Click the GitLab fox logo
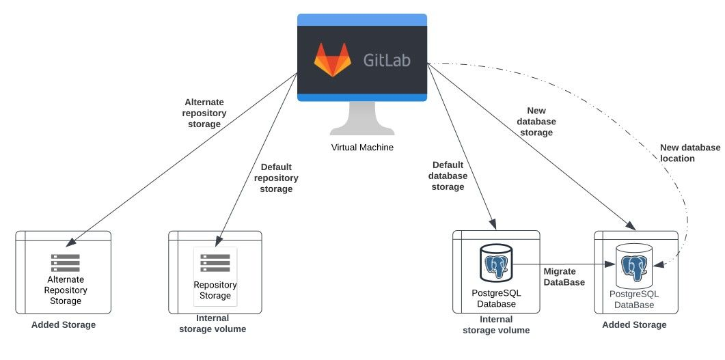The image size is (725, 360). pyautogui.click(x=333, y=59)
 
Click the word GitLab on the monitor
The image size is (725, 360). pyautogui.click(x=387, y=60)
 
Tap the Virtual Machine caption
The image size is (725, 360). pyautogui.click(x=362, y=148)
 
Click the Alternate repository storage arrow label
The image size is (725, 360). pyautogui.click(x=204, y=113)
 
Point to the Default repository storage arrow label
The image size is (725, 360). pyautogui.click(x=276, y=178)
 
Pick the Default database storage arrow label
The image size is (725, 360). pyautogui.click(x=448, y=176)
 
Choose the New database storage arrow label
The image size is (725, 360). pyautogui.click(x=536, y=122)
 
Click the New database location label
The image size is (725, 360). pyautogui.click(x=690, y=153)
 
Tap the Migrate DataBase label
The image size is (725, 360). pyautogui.click(x=564, y=277)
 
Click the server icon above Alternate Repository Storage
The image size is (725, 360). pyautogui.click(x=65, y=262)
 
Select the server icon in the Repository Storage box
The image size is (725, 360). pyautogui.click(x=215, y=262)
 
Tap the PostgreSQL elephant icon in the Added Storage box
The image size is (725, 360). pyautogui.click(x=634, y=266)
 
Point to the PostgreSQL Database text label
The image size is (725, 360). pyautogui.click(x=496, y=299)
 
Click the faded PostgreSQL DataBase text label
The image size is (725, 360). pyautogui.click(x=634, y=299)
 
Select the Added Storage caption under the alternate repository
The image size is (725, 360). pyautogui.click(x=64, y=325)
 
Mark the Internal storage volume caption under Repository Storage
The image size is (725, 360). pyautogui.click(x=213, y=324)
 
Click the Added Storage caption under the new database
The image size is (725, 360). pyautogui.click(x=634, y=325)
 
